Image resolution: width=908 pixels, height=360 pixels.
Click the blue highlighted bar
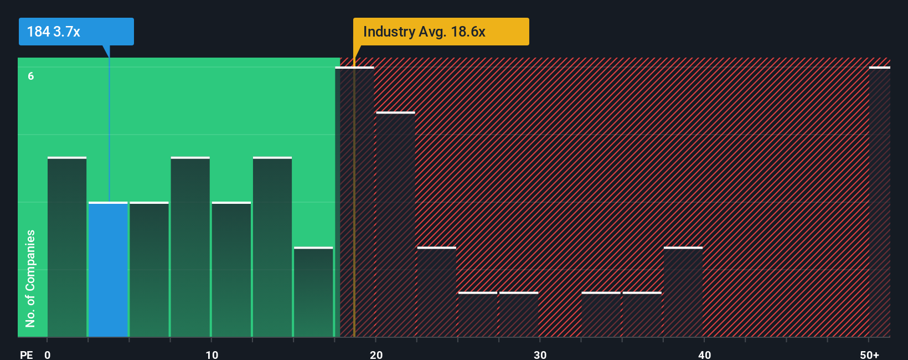[109, 269]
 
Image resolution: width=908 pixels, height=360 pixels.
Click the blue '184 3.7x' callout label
[76, 32]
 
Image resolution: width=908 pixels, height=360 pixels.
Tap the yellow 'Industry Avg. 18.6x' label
[441, 32]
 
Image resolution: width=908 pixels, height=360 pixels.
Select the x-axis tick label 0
[48, 354]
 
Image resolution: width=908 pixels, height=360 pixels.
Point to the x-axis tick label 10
[211, 354]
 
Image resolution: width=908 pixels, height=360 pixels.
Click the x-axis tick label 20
[376, 354]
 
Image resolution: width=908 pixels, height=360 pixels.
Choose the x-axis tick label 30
[540, 354]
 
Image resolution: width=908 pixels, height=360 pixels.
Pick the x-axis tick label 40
[704, 354]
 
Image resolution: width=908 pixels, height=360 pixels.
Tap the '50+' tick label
[869, 354]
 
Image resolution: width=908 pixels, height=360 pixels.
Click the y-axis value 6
[31, 76]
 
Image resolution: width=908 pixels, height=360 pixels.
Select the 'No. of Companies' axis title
[30, 278]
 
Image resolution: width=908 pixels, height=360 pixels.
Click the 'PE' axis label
[26, 354]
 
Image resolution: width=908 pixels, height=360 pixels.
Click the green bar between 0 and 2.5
[67, 247]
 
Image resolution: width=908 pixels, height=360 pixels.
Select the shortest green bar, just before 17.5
[313, 292]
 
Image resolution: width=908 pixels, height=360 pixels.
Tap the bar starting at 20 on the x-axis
[395, 224]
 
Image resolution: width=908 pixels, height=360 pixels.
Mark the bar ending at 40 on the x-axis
[683, 292]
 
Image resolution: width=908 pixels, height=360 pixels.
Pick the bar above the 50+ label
[879, 202]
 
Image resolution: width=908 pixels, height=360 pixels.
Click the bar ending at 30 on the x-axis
[519, 315]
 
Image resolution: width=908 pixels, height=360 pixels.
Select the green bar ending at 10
[190, 247]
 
